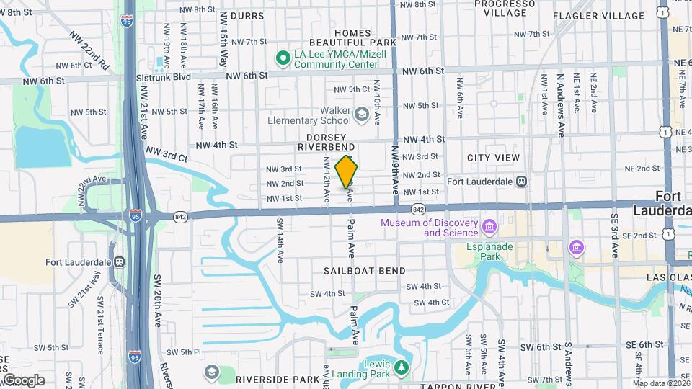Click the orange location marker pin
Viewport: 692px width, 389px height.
coord(347,171)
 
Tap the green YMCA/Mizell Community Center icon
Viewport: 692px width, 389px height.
coord(283,55)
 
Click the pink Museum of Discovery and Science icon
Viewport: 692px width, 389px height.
coord(489,228)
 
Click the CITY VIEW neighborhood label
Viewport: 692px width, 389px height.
coord(493,158)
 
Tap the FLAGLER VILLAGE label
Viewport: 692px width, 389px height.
coord(598,16)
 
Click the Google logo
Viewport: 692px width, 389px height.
coord(23,380)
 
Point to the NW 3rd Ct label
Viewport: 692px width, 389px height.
coord(167,153)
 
